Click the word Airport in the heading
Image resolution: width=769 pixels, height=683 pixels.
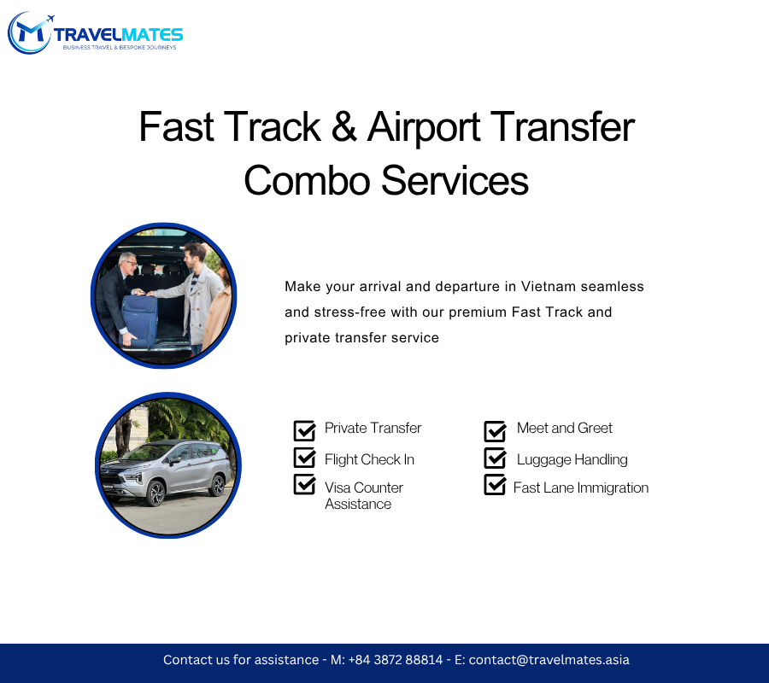424,127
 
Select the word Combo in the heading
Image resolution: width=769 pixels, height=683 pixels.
307,180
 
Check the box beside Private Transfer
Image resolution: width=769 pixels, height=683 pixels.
304,430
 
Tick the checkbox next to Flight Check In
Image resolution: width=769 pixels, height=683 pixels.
304,458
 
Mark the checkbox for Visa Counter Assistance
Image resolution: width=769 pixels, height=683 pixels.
304,484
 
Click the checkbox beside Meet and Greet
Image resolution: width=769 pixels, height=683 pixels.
495,430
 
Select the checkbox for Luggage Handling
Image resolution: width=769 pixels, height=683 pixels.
495,458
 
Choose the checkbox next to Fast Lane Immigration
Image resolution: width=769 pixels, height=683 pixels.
495,485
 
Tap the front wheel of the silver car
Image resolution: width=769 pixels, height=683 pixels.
156,493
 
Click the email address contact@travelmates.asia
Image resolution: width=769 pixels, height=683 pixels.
549,660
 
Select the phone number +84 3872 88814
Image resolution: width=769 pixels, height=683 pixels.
396,660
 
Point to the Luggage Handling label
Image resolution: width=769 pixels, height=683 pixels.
572,459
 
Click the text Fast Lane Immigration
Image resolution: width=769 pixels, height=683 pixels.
581,487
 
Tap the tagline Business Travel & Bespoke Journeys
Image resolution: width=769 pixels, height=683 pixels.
120,48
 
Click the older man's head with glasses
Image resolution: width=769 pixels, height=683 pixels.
128,264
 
